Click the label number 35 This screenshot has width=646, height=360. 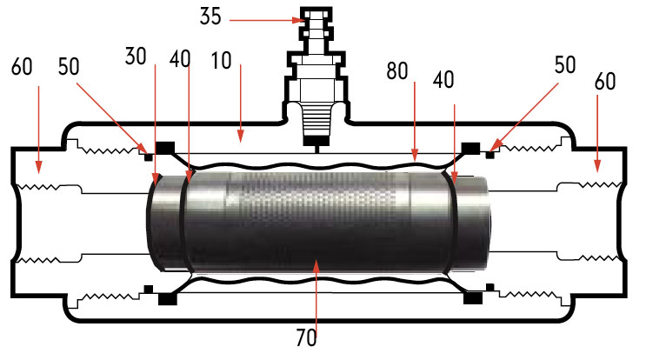[210, 17]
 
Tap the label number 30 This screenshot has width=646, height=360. [136, 56]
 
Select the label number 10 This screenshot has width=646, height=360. [221, 61]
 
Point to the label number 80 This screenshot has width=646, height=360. [397, 70]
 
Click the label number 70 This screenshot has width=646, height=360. [307, 337]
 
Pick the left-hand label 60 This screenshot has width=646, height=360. [22, 67]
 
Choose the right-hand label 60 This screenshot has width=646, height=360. [605, 81]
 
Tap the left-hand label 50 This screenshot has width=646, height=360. [69, 67]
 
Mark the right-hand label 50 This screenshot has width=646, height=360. [565, 65]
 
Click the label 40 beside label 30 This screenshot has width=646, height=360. [180, 59]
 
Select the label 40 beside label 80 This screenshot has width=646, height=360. [443, 79]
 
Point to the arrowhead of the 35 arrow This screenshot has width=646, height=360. [298, 20]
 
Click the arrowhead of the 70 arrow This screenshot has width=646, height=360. [316, 265]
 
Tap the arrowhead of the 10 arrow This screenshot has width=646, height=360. [241, 137]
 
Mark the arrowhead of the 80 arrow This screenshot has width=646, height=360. [415, 155]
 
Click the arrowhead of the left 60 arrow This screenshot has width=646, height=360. [39, 167]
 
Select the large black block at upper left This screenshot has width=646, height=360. [165, 148]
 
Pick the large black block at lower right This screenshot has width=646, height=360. [473, 298]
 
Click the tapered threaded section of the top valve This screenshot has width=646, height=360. [316, 119]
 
